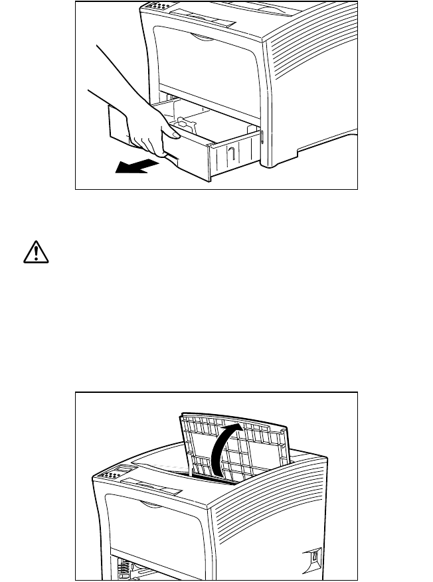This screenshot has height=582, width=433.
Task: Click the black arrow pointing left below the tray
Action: click(x=135, y=169)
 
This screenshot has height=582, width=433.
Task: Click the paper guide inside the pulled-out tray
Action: click(x=182, y=124)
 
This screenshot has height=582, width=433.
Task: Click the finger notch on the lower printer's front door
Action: click(x=150, y=506)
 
